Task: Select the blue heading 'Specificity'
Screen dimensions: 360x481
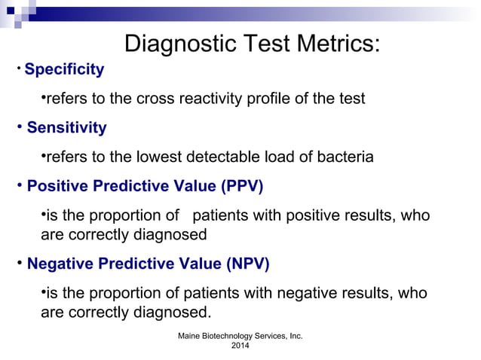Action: coord(64,70)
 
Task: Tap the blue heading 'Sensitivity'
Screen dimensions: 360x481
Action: coord(66,128)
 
